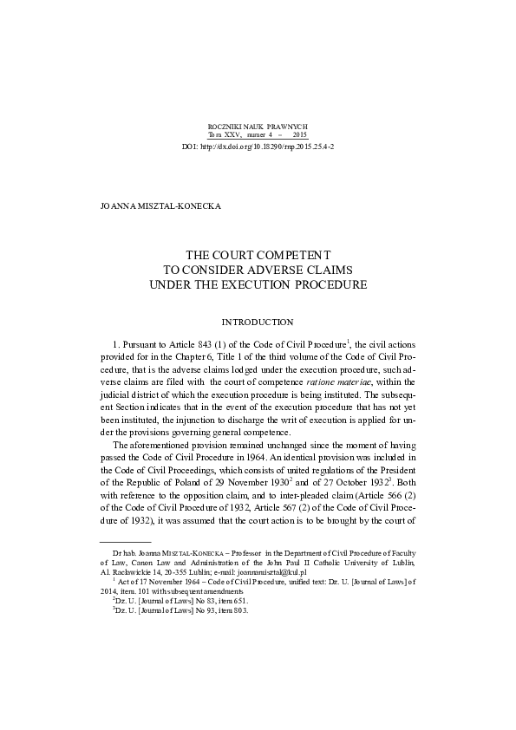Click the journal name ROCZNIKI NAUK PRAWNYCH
(x=258, y=127)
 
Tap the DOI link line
(x=258, y=147)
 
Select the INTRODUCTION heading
(x=258, y=323)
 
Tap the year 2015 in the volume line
(x=299, y=136)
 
